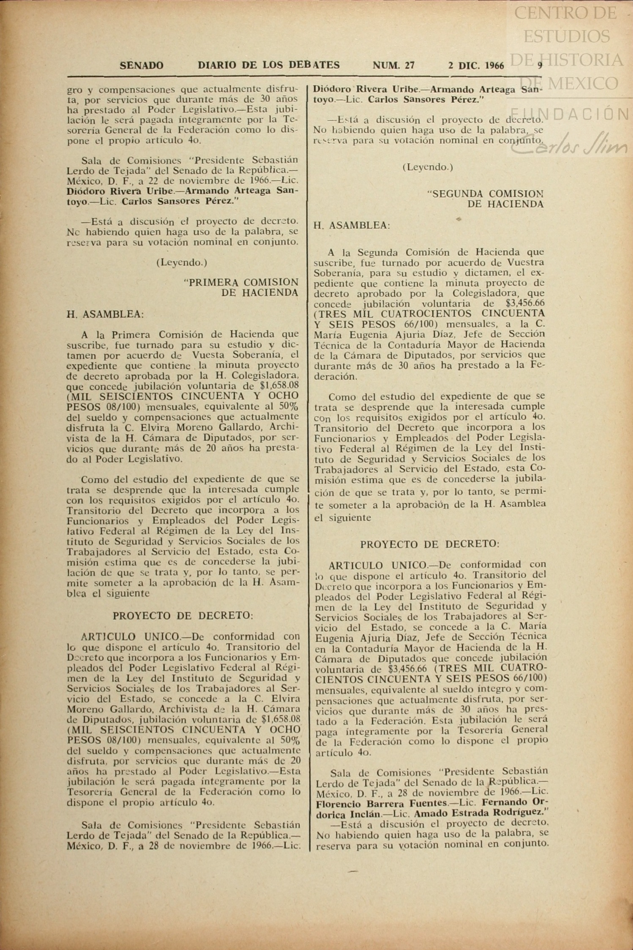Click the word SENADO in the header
click(x=142, y=66)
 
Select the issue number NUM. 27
click(x=393, y=66)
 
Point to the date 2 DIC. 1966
click(x=476, y=66)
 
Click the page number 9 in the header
click(x=540, y=66)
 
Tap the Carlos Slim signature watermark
click(x=570, y=143)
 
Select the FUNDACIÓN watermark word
click(x=570, y=114)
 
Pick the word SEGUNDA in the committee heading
click(x=457, y=194)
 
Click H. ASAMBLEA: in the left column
click(x=105, y=314)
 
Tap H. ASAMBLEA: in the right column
click(x=352, y=225)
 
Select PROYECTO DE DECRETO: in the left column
click(x=183, y=616)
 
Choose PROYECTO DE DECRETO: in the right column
click(x=430, y=544)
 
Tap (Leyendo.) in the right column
click(x=428, y=167)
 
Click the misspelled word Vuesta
click(x=208, y=355)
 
